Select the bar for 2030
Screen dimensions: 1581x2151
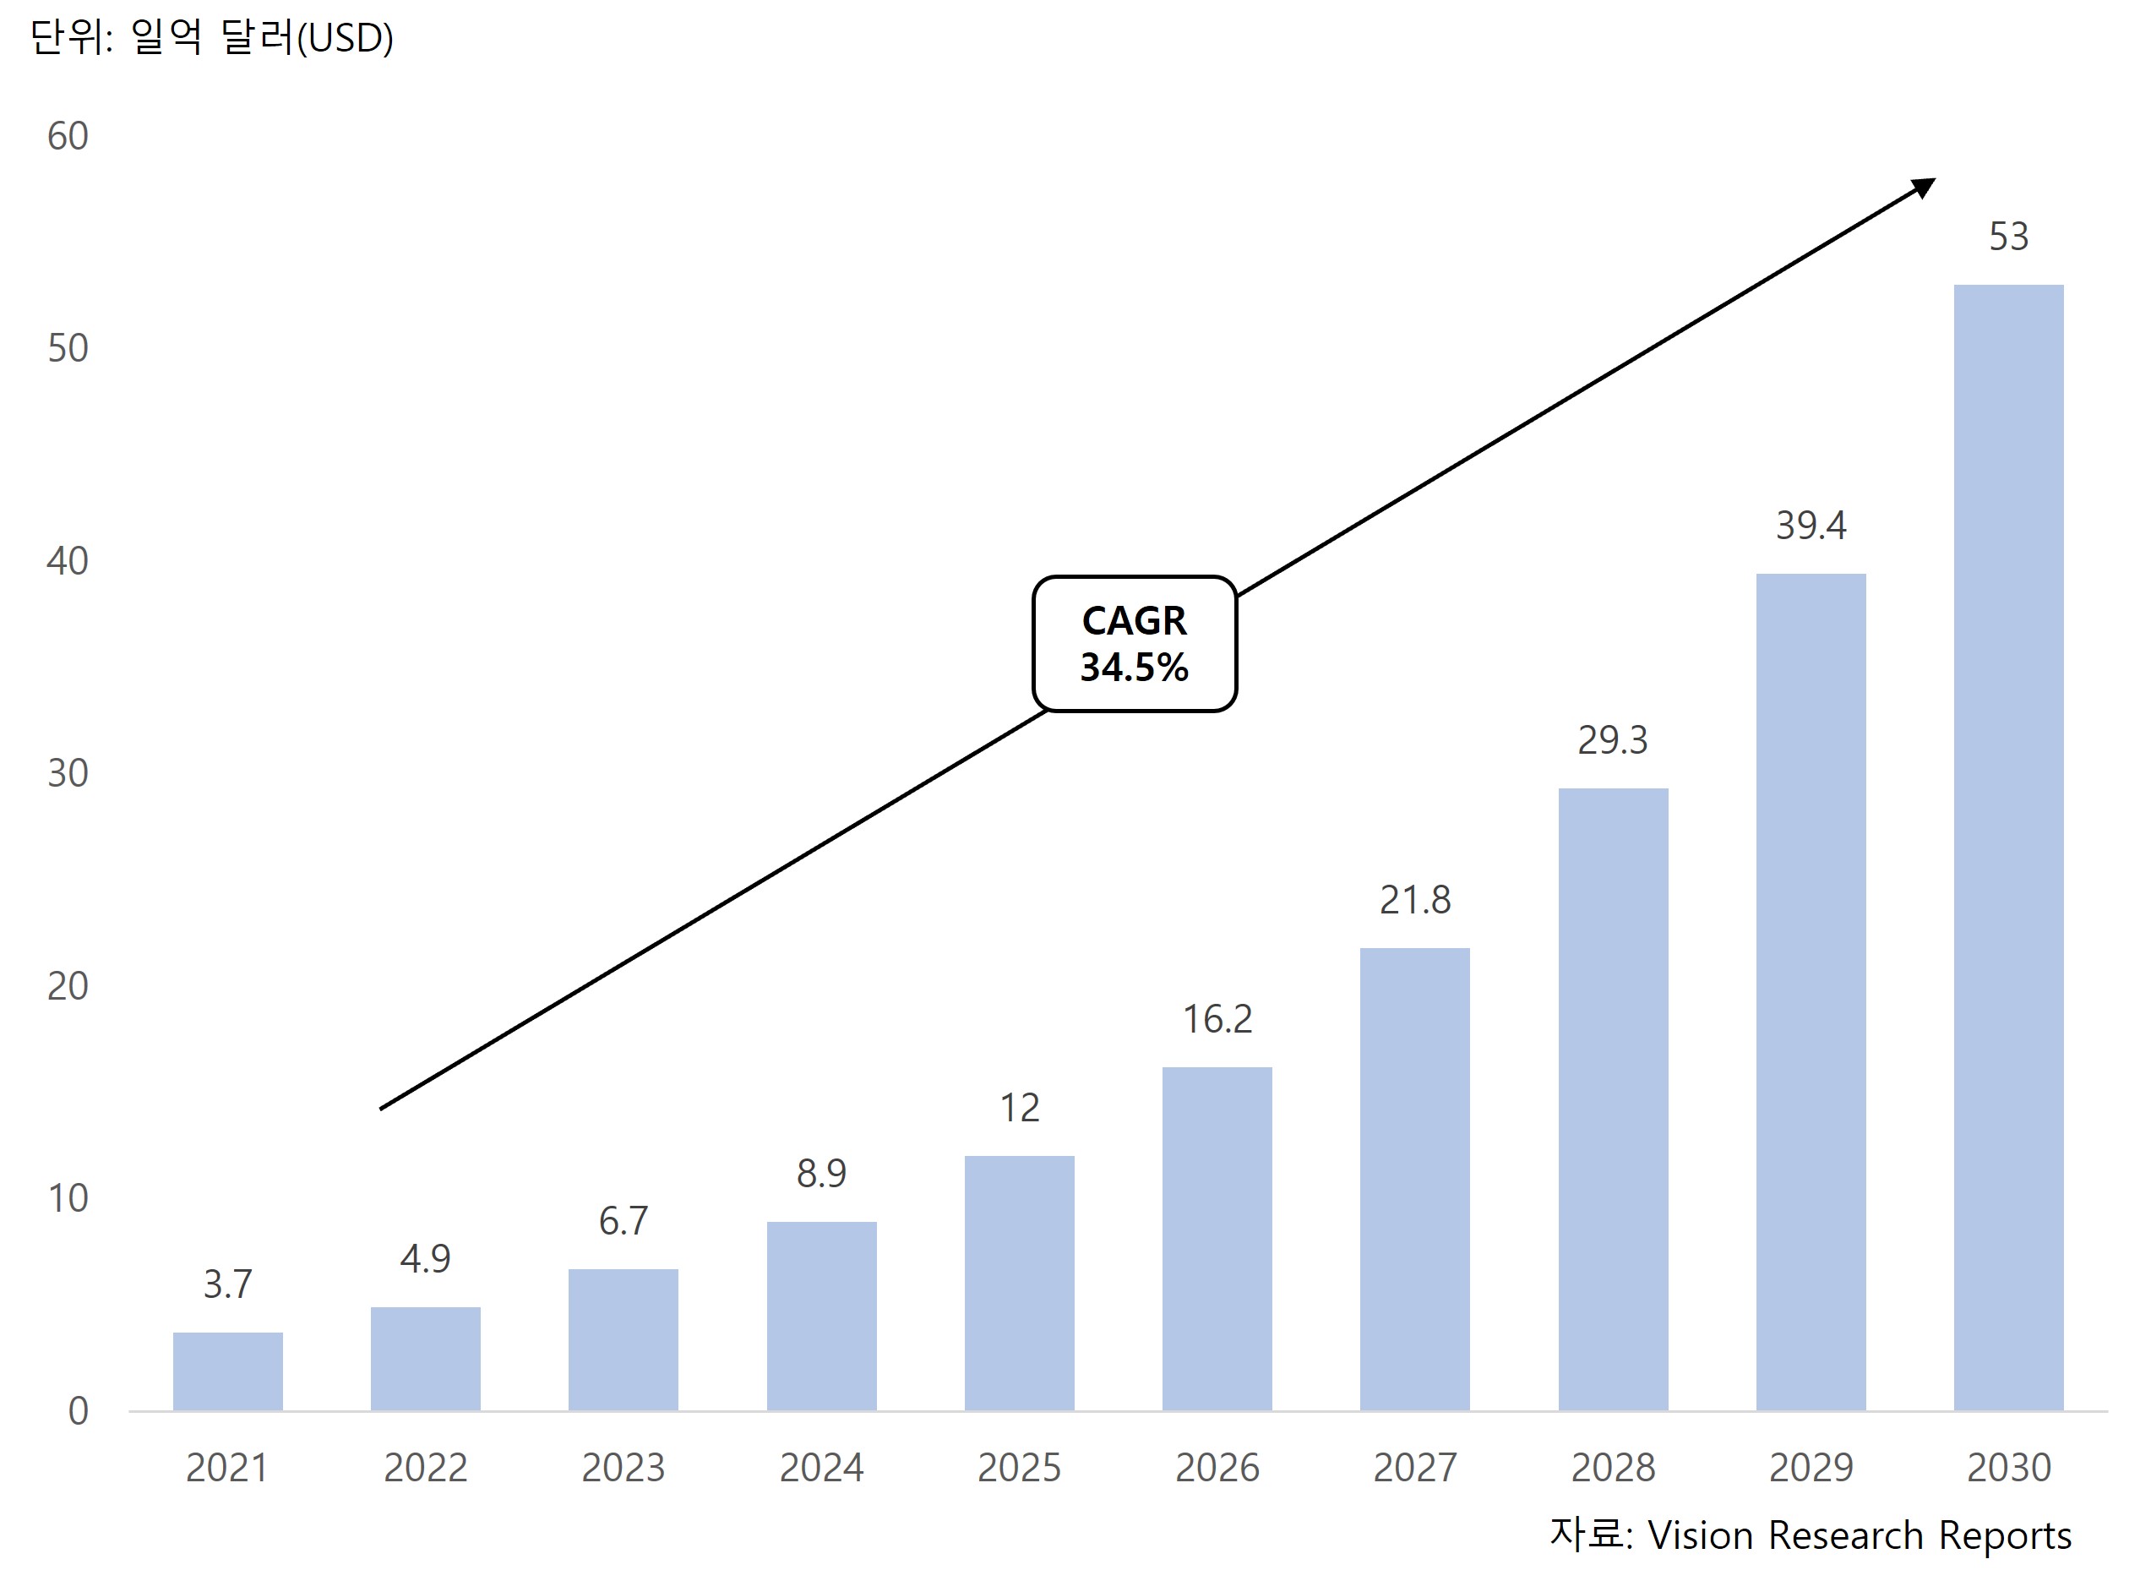pyautogui.click(x=2007, y=847)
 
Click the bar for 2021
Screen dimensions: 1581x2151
pyautogui.click(x=228, y=1371)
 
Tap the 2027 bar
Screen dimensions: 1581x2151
pyautogui.click(x=1414, y=1179)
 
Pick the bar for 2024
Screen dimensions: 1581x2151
pyautogui.click(x=821, y=1315)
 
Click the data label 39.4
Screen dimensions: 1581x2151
pyautogui.click(x=1811, y=526)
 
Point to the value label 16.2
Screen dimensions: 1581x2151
pyautogui.click(x=1217, y=1019)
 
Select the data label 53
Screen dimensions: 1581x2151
pyautogui.click(x=2007, y=237)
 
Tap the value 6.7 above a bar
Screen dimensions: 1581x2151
pyautogui.click(x=623, y=1221)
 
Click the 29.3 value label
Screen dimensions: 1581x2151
pyautogui.click(x=1612, y=739)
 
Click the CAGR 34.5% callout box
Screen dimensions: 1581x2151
pyautogui.click(x=1134, y=643)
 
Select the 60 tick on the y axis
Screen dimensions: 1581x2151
pyautogui.click(x=68, y=137)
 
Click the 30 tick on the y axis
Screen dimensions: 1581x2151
pyautogui.click(x=68, y=773)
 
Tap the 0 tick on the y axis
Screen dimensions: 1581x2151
pyautogui.click(x=79, y=1410)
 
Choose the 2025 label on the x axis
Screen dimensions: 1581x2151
pyautogui.click(x=1019, y=1467)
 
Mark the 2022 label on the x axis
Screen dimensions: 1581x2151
pyautogui.click(x=425, y=1467)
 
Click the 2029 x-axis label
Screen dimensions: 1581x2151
pyautogui.click(x=1811, y=1467)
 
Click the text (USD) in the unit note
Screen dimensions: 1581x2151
pyautogui.click(x=345, y=38)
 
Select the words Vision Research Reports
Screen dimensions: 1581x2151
pyautogui.click(x=1860, y=1535)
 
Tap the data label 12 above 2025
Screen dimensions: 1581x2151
pyautogui.click(x=1019, y=1109)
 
